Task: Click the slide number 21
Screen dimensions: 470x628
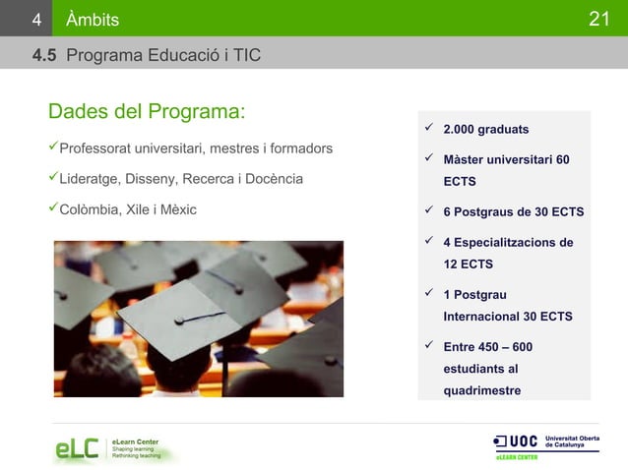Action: coord(600,19)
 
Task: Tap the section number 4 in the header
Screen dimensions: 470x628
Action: coord(35,20)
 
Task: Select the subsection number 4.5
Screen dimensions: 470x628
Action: coord(44,55)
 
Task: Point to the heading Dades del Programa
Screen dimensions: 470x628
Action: coord(147,110)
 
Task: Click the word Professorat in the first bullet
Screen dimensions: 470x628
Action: coord(98,148)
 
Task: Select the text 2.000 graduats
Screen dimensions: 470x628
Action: coord(485,130)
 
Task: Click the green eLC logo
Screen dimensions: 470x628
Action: coord(77,448)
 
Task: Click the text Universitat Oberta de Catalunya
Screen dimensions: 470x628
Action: coord(571,441)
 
